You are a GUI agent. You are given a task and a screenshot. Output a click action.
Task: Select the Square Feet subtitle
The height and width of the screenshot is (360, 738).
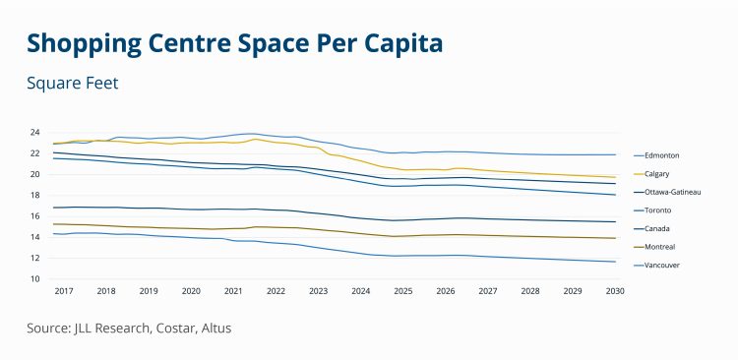pos(73,84)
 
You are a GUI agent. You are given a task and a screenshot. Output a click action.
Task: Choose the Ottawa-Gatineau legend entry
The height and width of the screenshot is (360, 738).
pos(674,192)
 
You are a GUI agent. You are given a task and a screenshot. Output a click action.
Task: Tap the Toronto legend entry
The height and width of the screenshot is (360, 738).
pos(657,210)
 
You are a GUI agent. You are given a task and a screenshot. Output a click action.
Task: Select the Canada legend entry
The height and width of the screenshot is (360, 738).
pos(656,228)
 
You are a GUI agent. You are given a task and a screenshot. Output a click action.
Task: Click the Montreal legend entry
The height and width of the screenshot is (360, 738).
pos(659,247)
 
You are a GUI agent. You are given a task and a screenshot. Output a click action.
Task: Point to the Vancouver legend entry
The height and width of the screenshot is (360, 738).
pos(662,265)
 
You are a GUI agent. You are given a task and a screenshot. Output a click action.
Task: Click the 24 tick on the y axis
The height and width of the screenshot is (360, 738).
pos(34,132)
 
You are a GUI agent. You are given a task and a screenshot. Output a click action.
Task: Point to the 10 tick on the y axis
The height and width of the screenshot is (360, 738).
pos(34,279)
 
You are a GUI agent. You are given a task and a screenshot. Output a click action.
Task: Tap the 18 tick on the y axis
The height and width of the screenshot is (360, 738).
pos(34,195)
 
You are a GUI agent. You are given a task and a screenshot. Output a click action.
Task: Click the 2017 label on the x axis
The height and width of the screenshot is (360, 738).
pos(64,292)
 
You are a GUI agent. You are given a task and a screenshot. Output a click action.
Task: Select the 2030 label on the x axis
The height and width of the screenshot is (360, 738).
pos(615,292)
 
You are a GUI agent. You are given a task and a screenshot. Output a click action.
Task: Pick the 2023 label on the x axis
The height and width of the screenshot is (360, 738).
pos(318,292)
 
